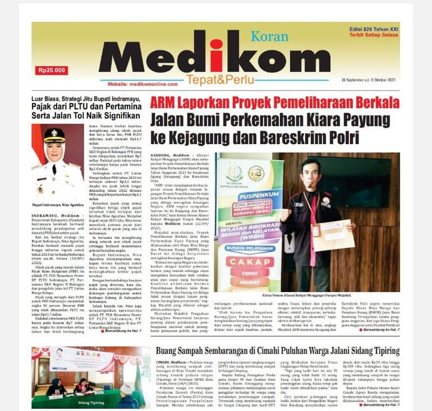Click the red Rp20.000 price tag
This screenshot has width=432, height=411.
[x=52, y=70]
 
